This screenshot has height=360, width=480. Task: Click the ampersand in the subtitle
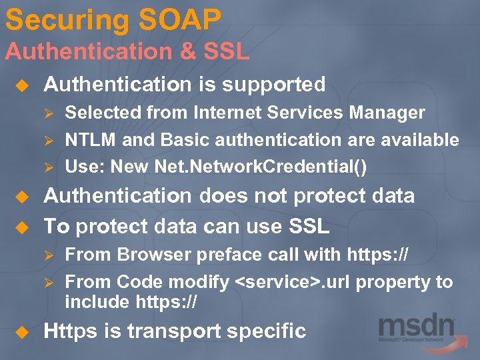click(x=190, y=51)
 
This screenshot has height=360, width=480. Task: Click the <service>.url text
click(x=293, y=282)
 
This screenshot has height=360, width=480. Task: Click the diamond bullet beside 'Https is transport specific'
click(x=21, y=331)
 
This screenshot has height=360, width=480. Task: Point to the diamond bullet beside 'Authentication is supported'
click(x=21, y=85)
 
